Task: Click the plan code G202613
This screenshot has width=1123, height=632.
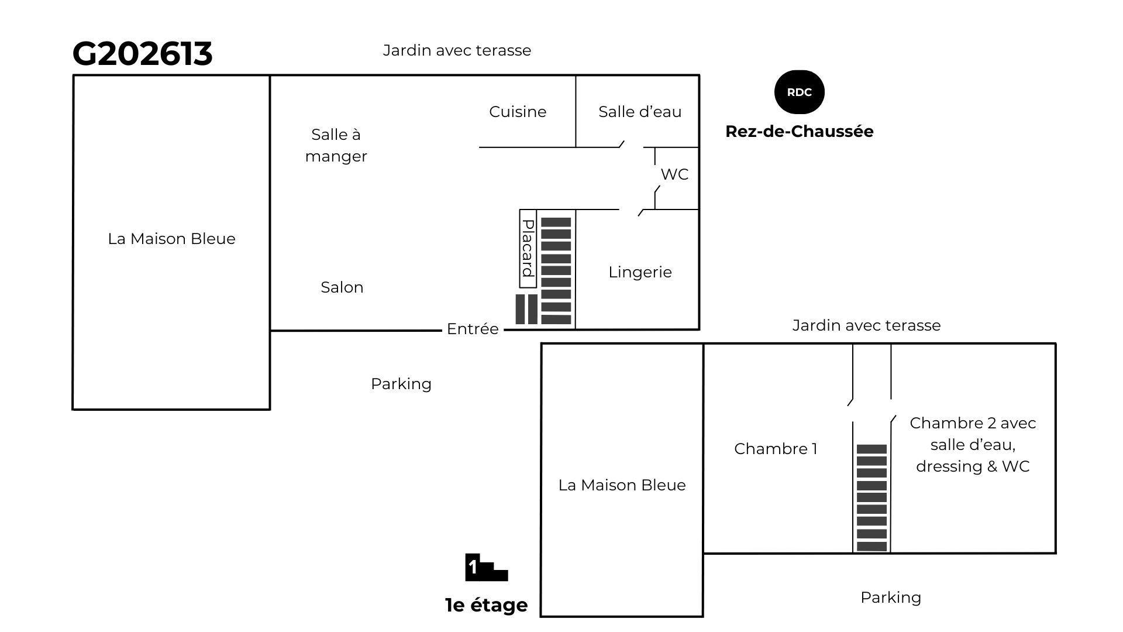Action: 142,54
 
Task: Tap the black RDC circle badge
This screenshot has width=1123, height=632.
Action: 799,92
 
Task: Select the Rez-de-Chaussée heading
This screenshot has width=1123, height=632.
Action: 799,131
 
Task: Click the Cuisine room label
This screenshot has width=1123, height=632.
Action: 518,112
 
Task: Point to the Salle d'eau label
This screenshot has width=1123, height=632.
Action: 640,112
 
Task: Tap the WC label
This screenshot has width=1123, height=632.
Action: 674,174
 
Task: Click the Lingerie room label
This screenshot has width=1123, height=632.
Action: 640,272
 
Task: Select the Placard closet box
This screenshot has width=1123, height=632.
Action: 528,249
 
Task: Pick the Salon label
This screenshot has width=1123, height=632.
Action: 342,287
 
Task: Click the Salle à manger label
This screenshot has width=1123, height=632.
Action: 336,145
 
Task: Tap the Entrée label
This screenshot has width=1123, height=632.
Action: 473,329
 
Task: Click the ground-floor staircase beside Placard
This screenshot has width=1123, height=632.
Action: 556,271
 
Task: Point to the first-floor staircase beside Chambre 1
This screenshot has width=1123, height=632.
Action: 871,498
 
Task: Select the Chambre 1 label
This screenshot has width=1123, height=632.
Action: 776,449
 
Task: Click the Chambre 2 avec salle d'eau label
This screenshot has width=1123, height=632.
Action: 973,445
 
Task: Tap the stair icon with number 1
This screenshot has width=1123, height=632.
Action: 486,568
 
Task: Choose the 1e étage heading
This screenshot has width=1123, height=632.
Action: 486,605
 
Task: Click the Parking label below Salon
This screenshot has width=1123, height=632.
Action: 401,384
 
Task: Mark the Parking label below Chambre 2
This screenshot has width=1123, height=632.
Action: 891,597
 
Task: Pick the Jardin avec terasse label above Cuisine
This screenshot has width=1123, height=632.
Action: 457,50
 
